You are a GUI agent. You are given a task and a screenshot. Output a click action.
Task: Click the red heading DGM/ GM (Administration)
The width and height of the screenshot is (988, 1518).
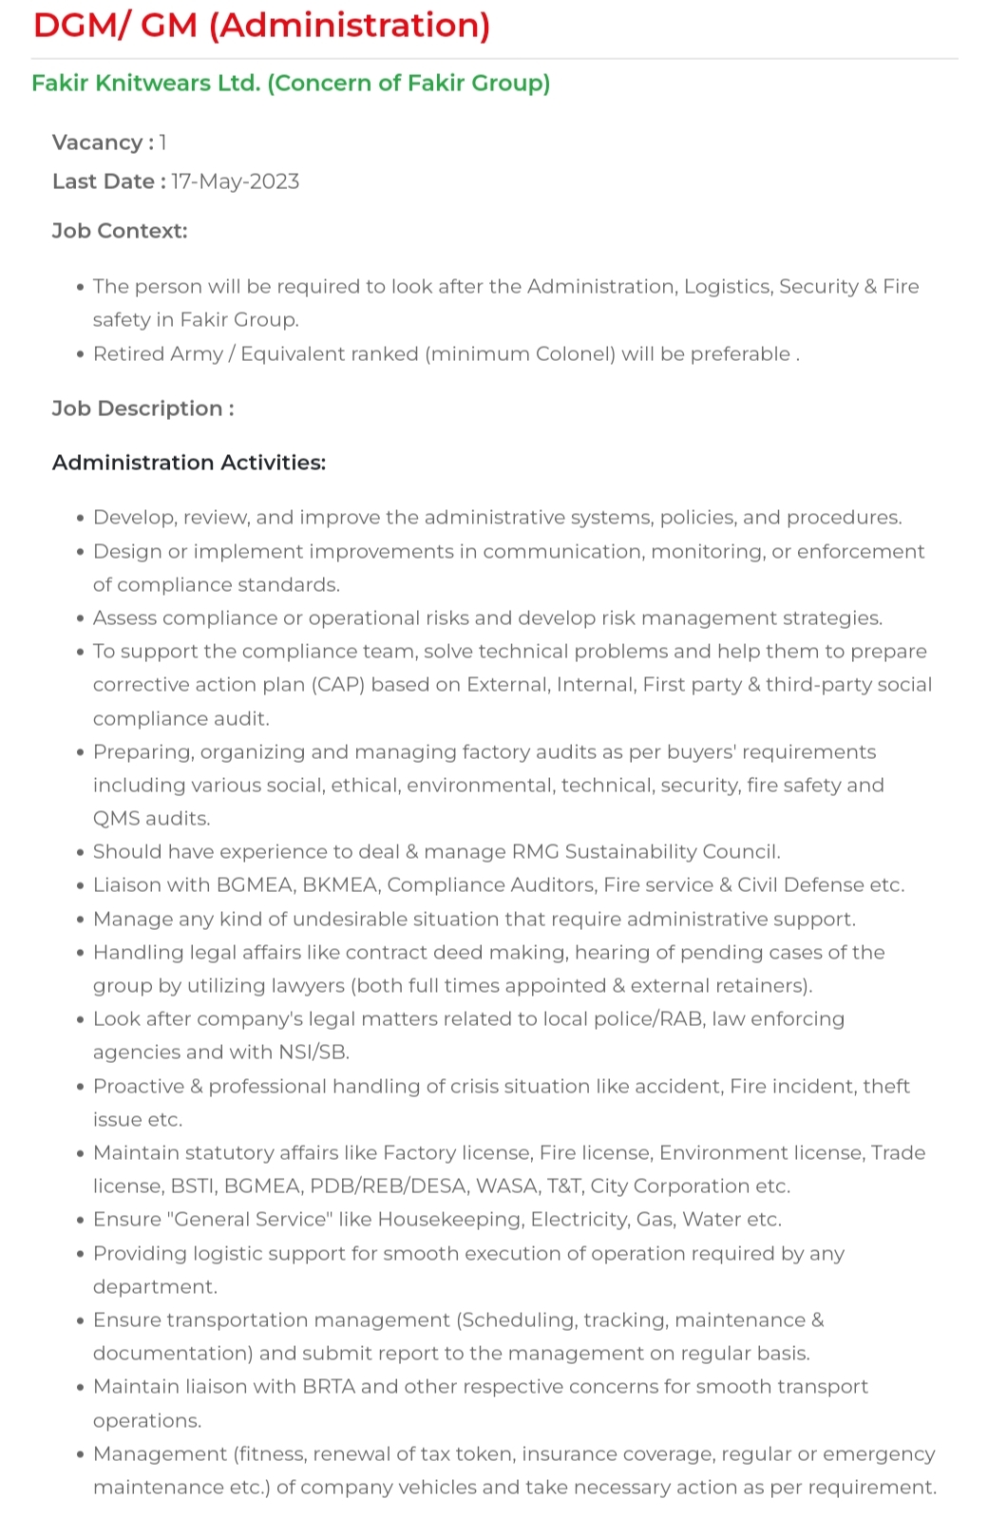click(x=261, y=25)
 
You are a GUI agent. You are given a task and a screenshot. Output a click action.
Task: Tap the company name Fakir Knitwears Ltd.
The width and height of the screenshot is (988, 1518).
click(x=146, y=83)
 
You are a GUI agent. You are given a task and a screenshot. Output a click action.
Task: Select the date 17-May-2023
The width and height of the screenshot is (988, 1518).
click(x=235, y=181)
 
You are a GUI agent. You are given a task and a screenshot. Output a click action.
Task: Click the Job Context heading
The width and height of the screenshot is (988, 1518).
click(x=120, y=231)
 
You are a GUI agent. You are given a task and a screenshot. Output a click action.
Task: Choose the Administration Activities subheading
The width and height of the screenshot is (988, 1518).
click(x=189, y=463)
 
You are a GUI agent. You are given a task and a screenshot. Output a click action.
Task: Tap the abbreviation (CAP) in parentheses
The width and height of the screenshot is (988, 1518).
click(x=339, y=685)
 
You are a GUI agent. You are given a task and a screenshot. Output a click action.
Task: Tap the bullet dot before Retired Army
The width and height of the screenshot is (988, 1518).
click(x=81, y=355)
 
